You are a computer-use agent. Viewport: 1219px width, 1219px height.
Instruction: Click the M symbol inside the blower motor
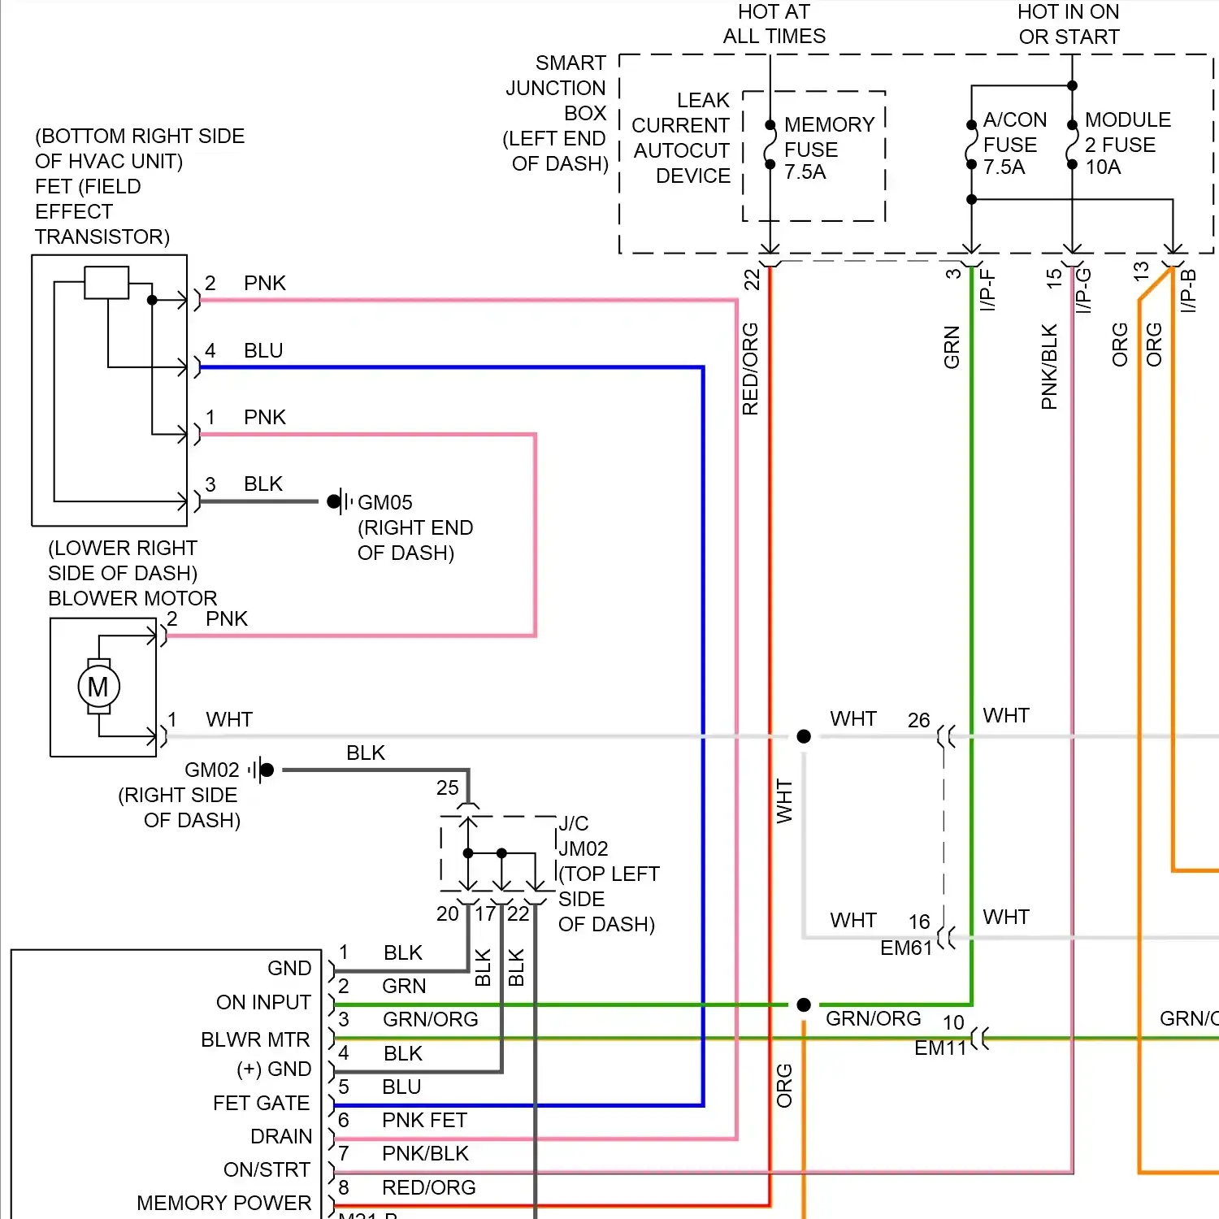98,688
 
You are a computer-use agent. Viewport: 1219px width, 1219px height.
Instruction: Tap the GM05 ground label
385,503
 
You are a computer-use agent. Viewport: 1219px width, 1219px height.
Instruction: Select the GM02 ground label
211,770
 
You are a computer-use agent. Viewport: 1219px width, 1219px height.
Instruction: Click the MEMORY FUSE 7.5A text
828,149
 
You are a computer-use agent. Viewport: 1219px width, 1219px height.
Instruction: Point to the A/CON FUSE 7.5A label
1013,144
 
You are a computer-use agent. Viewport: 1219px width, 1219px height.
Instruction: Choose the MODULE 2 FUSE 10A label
1126,144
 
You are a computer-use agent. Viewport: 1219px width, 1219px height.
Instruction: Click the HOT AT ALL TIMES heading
774,24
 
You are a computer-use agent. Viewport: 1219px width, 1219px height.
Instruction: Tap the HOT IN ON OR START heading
1069,24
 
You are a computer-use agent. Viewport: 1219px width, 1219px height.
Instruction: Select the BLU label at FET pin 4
263,350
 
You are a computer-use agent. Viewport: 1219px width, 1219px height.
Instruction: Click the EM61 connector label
905,948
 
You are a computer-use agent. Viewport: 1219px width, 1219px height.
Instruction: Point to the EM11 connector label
939,1048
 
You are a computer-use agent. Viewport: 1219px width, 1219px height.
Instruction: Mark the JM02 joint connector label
583,848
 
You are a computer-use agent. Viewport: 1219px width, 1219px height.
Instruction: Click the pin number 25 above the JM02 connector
447,787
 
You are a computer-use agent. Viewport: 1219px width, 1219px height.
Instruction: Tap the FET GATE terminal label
261,1103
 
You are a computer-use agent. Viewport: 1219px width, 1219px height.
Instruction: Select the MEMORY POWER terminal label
223,1203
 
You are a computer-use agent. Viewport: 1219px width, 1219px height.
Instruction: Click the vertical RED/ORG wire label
750,369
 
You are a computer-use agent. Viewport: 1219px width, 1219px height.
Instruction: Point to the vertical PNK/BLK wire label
1049,367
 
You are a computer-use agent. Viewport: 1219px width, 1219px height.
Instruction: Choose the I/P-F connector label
987,291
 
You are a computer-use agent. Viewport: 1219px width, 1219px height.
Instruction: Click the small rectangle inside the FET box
106,283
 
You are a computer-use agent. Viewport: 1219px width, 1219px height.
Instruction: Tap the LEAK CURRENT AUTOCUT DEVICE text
681,138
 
